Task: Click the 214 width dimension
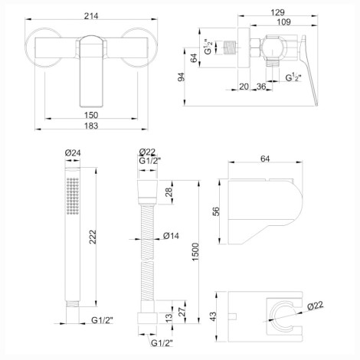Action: [91, 16]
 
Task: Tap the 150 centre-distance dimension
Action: [91, 115]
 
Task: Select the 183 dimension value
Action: [91, 126]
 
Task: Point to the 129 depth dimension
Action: [277, 12]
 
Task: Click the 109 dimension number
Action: [283, 22]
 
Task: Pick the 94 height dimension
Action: [181, 77]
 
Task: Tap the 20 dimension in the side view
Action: [244, 87]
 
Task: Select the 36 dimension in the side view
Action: [261, 87]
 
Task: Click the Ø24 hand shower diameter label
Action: [73, 153]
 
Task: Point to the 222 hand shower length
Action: [93, 237]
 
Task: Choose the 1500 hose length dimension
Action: [195, 252]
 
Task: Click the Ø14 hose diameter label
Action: [171, 236]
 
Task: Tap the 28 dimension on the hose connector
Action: [169, 191]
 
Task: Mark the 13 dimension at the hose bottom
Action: [169, 317]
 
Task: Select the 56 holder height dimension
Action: [216, 211]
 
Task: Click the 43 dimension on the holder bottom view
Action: [212, 316]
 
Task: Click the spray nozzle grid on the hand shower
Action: [73, 196]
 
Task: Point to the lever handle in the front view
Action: [91, 70]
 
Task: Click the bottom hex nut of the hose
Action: [147, 319]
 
